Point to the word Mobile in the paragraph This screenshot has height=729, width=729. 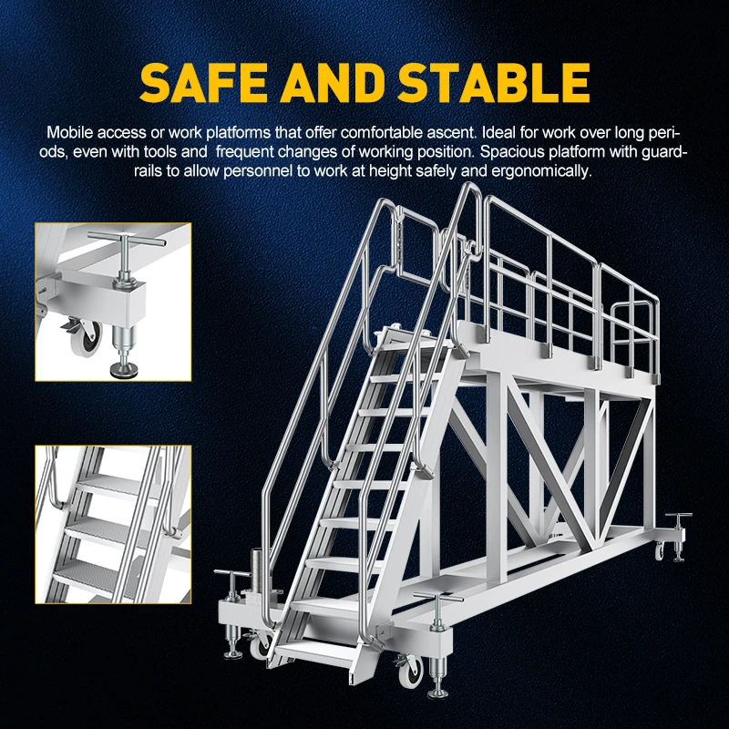pos(67,132)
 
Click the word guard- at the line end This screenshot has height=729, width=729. pos(667,151)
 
